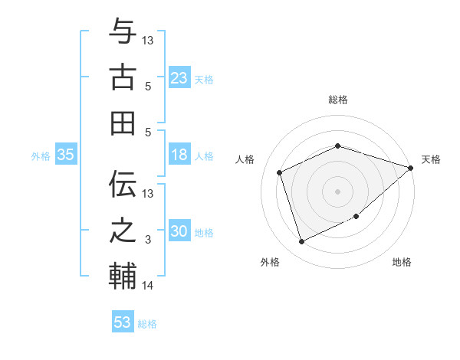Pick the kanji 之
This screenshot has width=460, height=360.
pyautogui.click(x=123, y=231)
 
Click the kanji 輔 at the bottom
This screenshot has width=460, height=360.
pyautogui.click(x=123, y=277)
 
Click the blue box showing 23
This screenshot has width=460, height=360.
pyautogui.click(x=179, y=77)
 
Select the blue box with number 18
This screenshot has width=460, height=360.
pyautogui.click(x=179, y=155)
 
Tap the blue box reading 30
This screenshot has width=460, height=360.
pyautogui.click(x=179, y=231)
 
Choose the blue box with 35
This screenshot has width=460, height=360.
pyautogui.click(x=66, y=155)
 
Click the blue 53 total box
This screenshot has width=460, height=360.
pyautogui.click(x=123, y=322)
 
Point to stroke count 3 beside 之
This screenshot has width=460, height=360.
pyautogui.click(x=148, y=240)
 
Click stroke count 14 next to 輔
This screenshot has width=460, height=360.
pyautogui.click(x=148, y=286)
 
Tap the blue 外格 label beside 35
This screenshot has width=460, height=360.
pyautogui.click(x=41, y=155)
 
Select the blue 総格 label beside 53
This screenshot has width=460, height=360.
pyautogui.click(x=147, y=323)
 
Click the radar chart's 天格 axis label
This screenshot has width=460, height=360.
pyautogui.click(x=431, y=159)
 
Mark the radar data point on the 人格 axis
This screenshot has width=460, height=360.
pyautogui.click(x=280, y=172)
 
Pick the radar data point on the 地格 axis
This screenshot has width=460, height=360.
pyautogui.click(x=356, y=217)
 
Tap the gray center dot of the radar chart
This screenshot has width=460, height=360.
pyautogui.click(x=337, y=191)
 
